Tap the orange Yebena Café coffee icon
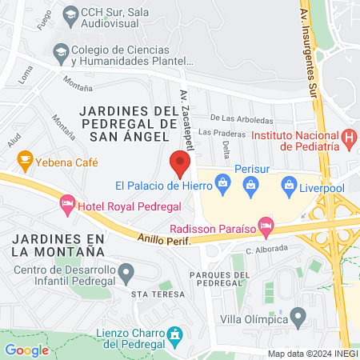[x=25, y=159]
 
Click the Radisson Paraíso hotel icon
[x=265, y=226]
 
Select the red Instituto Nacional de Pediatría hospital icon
[x=348, y=137]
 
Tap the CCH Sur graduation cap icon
[x=70, y=13]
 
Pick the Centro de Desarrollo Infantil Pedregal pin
[x=126, y=274]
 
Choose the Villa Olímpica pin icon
[x=298, y=318]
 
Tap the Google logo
[x=27, y=350]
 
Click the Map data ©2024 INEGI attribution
[x=312, y=354]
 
